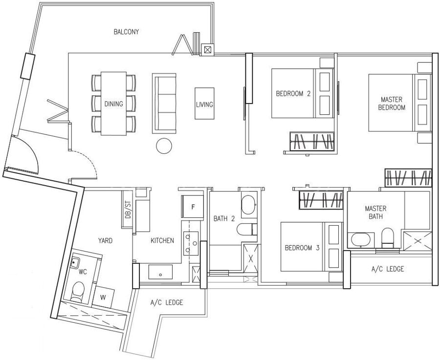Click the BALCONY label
[x=126, y=32]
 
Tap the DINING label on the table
[x=113, y=104]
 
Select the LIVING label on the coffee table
[x=204, y=105]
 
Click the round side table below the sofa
[x=164, y=146]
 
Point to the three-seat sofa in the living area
[x=164, y=104]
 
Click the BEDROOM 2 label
[x=293, y=93]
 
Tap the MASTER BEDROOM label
[x=392, y=104]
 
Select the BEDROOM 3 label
[x=302, y=248]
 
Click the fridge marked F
[x=193, y=207]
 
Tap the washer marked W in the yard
[x=103, y=297]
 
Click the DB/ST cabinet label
[x=128, y=210]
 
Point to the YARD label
[x=105, y=240]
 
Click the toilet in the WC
[x=78, y=292]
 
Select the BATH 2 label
[x=224, y=218]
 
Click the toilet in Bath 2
[x=247, y=229]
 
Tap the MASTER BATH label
[x=375, y=212]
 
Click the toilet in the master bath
[x=388, y=238]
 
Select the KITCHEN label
[x=162, y=240]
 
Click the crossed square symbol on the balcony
[x=207, y=50]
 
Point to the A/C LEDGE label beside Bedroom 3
[x=388, y=269]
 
